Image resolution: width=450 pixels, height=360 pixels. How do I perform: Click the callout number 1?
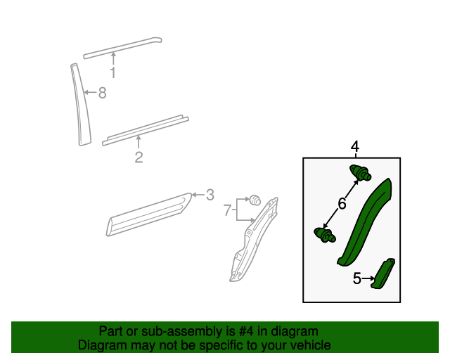[x=113, y=72]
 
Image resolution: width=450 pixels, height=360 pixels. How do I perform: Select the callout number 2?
[x=139, y=157]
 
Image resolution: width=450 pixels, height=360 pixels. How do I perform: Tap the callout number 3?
[x=210, y=195]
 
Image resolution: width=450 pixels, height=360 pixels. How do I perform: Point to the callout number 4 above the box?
[x=355, y=147]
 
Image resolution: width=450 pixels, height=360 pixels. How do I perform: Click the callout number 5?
[x=356, y=278]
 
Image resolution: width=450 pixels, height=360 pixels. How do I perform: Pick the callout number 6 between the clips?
[x=342, y=204]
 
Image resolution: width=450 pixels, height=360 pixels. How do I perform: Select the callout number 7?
[x=227, y=210]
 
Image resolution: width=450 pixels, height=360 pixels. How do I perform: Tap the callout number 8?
[x=103, y=93]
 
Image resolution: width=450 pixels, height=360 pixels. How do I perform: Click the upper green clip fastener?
[x=360, y=173]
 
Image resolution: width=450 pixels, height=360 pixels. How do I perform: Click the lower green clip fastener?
[x=325, y=235]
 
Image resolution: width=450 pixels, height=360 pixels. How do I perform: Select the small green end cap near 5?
[x=382, y=274]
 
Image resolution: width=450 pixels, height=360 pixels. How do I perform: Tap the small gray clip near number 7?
[x=255, y=200]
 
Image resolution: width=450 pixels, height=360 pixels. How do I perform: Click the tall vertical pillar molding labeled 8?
[x=80, y=105]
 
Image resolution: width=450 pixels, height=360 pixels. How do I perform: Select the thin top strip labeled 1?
[x=122, y=48]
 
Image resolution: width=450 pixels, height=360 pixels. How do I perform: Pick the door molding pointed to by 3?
[x=148, y=214]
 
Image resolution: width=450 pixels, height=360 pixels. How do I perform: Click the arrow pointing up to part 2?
[x=139, y=142]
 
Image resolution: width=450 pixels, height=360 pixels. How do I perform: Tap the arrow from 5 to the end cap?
[x=368, y=278]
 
